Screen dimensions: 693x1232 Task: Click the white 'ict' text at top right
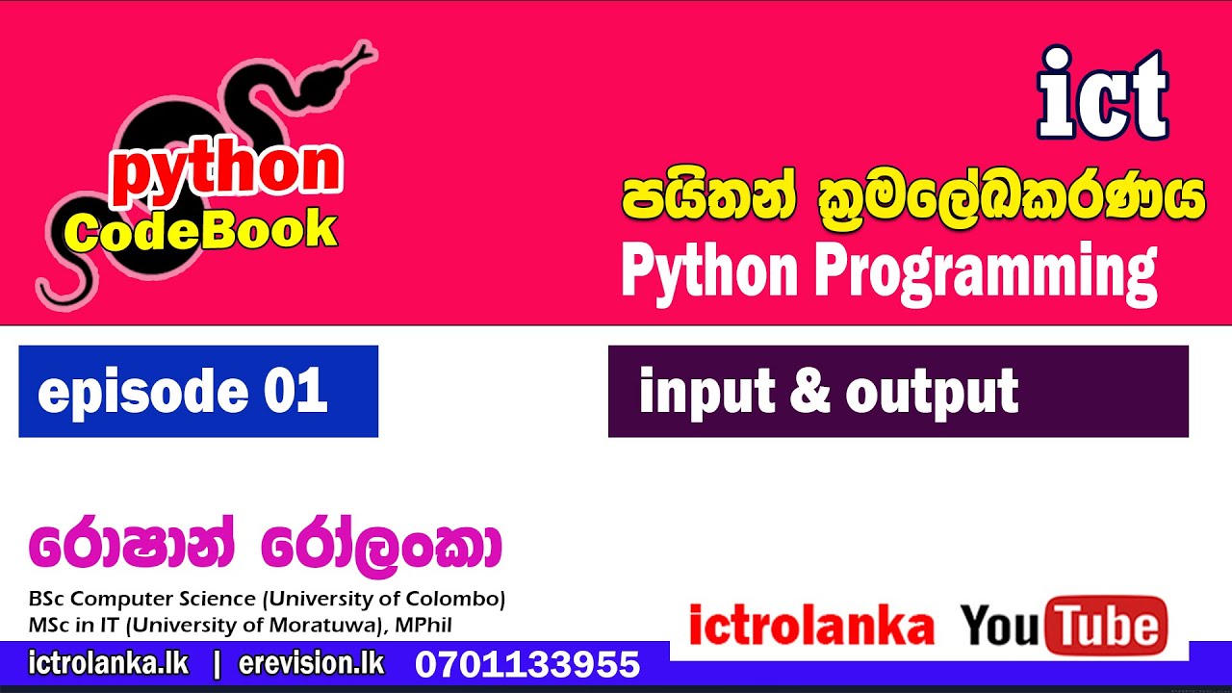pyautogui.click(x=1102, y=93)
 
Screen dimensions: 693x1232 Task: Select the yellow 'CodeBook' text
pyautogui.click(x=202, y=231)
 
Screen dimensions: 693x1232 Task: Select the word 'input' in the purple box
pyautogui.click(x=707, y=392)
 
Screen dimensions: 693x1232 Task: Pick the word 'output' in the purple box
pyautogui.click(x=932, y=392)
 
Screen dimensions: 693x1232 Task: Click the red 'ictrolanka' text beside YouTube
pyautogui.click(x=811, y=627)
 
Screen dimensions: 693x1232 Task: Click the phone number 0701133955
pyautogui.click(x=527, y=664)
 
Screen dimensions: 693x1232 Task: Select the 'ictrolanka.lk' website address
pyautogui.click(x=109, y=663)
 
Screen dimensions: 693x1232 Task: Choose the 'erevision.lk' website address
pyautogui.click(x=311, y=663)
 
